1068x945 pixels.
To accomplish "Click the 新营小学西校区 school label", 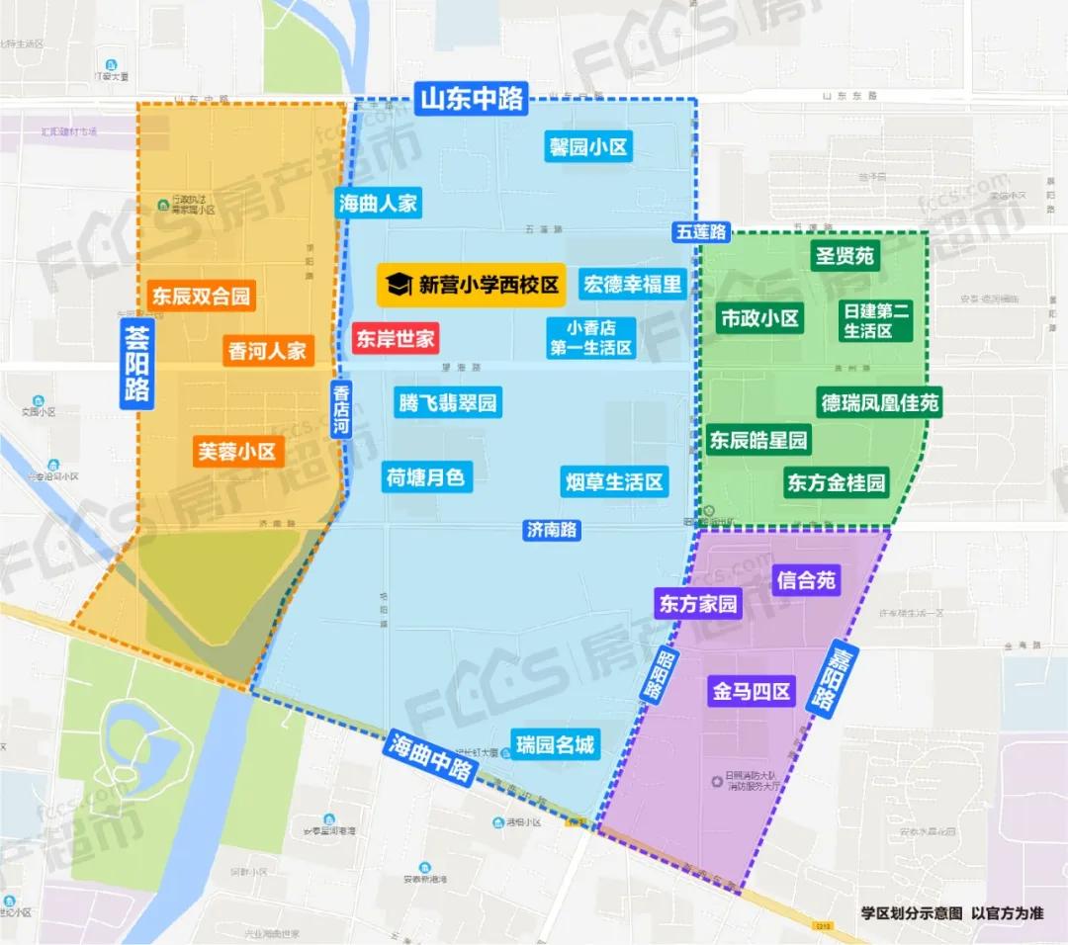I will click(472, 285).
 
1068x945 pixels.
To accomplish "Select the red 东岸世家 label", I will click(396, 339).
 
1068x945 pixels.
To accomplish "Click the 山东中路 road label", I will click(472, 99).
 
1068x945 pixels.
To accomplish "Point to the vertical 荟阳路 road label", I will click(135, 363).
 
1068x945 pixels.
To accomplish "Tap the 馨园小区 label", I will click(589, 147).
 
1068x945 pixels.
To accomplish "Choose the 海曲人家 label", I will click(378, 204).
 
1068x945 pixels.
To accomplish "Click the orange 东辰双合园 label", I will click(201, 296).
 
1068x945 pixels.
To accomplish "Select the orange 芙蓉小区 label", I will click(238, 452).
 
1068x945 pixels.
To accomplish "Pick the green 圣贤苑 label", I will click(844, 256).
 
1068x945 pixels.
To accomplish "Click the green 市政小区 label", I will click(759, 318).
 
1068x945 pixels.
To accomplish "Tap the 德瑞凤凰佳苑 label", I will click(879, 402).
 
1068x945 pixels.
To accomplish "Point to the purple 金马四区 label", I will click(753, 691).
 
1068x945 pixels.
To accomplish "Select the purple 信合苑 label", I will click(806, 580).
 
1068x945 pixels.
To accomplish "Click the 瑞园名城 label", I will click(556, 744).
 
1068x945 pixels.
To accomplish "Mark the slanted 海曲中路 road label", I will click(431, 758).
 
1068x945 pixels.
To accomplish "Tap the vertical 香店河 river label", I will click(341, 410).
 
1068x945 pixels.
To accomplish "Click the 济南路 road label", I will click(552, 529).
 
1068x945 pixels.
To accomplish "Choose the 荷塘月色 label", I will click(425, 477).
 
